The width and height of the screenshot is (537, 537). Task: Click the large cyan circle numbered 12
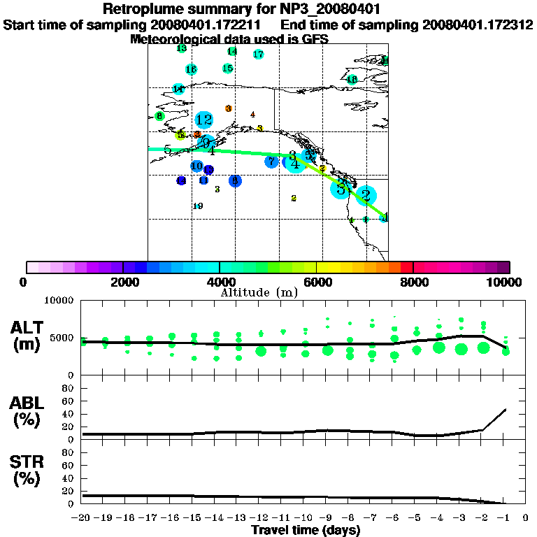click(203, 120)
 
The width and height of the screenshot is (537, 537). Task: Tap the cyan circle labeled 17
click(258, 55)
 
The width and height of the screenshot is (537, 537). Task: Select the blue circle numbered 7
click(271, 162)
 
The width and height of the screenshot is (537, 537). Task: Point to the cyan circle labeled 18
click(352, 79)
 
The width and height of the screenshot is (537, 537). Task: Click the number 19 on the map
click(197, 206)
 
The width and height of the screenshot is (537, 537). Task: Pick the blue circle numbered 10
click(197, 166)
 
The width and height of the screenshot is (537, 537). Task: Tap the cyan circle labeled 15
click(227, 69)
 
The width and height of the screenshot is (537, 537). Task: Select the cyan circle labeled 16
click(191, 69)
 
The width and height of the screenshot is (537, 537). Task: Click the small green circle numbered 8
click(159, 116)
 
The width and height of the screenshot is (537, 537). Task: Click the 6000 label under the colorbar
click(317, 282)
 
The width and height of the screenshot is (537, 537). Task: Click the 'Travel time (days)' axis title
click(306, 530)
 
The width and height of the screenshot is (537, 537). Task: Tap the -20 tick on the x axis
click(83, 518)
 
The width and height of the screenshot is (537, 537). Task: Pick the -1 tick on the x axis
click(503, 518)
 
